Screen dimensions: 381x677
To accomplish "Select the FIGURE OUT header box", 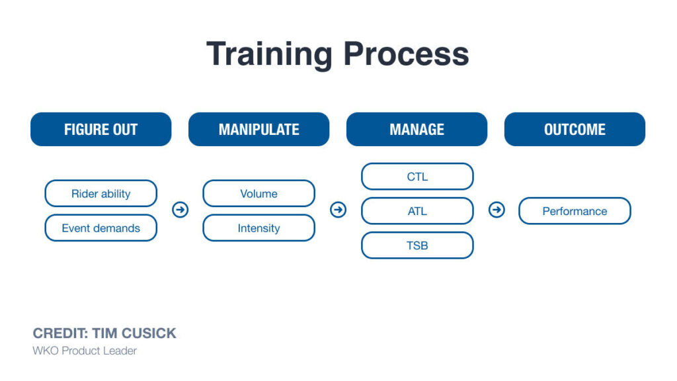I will (100, 129).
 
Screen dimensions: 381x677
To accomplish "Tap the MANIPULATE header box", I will (259, 129).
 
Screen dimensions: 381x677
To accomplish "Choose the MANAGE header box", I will (417, 129).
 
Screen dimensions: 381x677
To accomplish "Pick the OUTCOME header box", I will (575, 129).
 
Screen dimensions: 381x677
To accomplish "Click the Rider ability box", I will (100, 194).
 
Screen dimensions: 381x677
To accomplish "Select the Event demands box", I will (100, 228).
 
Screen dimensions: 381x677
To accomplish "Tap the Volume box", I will (259, 194).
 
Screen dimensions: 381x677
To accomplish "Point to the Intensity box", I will (259, 228).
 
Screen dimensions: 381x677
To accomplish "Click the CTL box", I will (417, 177).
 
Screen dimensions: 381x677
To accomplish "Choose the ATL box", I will (417, 211).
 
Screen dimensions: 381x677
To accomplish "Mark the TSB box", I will (417, 245).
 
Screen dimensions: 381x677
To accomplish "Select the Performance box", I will (575, 211).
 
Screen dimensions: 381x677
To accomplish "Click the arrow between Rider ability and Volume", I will (180, 210).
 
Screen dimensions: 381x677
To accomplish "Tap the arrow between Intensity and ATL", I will (338, 210).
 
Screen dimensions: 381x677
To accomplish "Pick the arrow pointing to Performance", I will (496, 210).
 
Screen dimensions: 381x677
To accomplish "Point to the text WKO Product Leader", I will (85, 351).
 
